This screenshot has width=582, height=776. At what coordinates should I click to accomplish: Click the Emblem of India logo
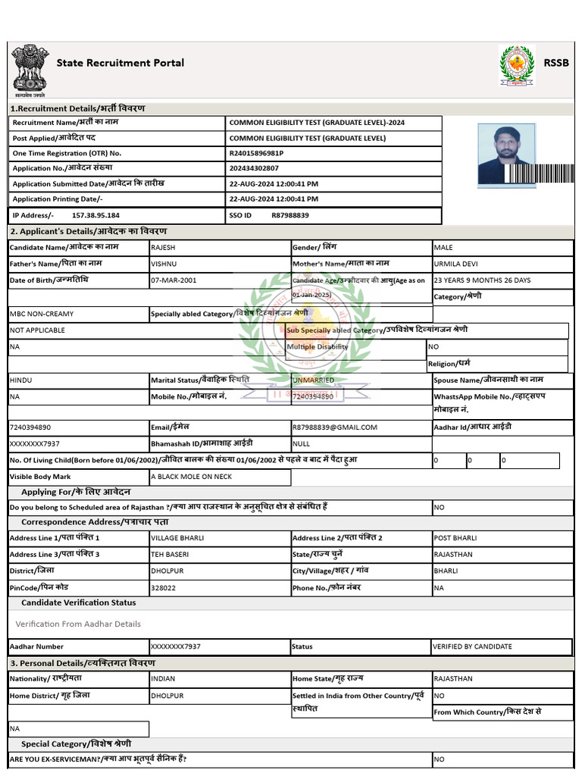point(29,68)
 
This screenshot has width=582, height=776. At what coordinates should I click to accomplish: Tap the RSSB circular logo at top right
point(516,65)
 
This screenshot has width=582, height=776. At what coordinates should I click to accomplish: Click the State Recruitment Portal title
point(120,63)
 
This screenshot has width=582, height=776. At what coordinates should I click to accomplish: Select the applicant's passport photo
point(506,155)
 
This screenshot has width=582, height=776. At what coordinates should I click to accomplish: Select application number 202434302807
point(254,168)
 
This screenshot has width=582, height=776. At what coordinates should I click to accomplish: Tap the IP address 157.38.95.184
point(95,215)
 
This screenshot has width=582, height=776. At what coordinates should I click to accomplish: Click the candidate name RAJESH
point(164,248)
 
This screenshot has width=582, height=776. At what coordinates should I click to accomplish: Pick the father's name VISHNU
point(164,264)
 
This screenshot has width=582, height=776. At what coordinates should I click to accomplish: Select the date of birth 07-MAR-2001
point(174,280)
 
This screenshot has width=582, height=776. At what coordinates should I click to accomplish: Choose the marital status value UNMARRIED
point(313,380)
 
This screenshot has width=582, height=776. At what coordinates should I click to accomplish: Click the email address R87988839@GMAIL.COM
point(334,427)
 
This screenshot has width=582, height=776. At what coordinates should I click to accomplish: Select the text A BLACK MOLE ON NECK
point(191,477)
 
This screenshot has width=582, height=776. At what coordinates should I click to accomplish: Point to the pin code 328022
point(164,587)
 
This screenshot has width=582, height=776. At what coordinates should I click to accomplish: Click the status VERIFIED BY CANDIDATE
point(472,646)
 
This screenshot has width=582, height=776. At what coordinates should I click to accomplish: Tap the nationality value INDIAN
point(164,679)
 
